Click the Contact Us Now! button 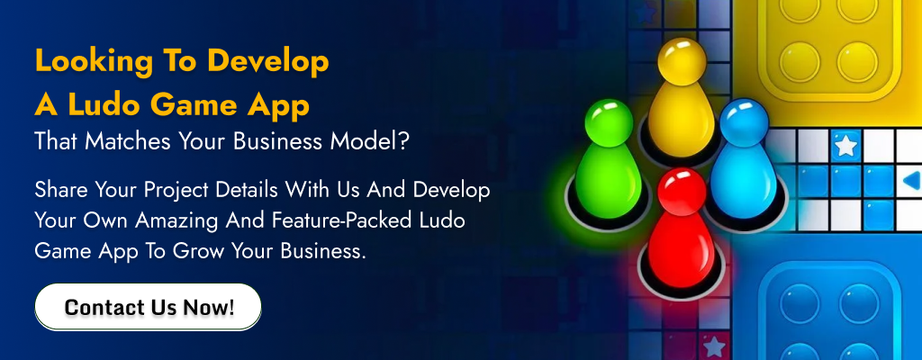(x=149, y=307)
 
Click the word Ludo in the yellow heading (x=104, y=105)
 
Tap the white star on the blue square (x=845, y=146)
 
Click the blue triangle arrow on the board (x=912, y=180)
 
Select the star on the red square (x=714, y=346)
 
